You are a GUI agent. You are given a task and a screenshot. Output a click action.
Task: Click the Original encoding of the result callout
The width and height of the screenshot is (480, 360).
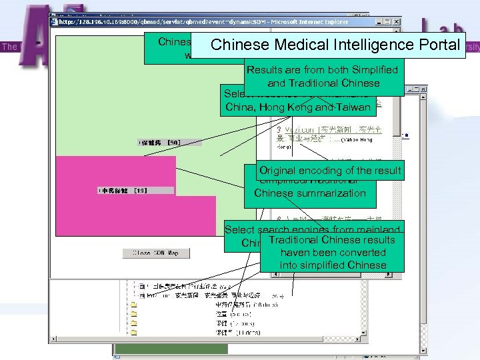click(330, 171)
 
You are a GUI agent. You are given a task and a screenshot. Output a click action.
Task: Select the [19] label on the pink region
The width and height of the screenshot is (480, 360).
click(140, 191)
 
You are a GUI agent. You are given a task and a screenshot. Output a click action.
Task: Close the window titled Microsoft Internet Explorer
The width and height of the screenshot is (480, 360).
click(397, 21)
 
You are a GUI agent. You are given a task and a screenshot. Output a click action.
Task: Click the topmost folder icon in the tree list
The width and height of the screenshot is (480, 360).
click(134, 303)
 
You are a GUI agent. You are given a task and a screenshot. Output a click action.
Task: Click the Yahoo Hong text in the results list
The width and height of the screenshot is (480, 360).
click(361, 141)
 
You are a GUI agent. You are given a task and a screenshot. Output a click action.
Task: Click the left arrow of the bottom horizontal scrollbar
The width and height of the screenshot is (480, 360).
click(54, 340)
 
